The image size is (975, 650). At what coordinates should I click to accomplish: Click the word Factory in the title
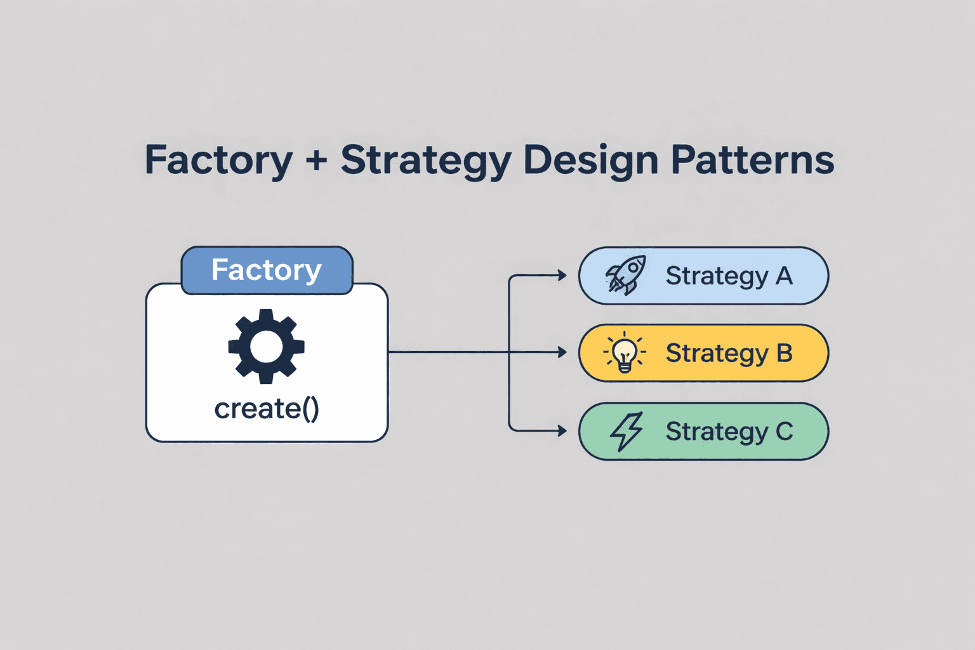pyautogui.click(x=218, y=160)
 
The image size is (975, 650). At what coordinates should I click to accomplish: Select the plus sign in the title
pyautogui.click(x=316, y=161)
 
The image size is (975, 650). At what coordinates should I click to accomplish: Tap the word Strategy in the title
pyautogui.click(x=426, y=160)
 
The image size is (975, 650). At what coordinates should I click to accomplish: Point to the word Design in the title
pyautogui.click(x=590, y=160)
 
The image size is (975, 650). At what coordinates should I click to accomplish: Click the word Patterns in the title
pyautogui.click(x=752, y=160)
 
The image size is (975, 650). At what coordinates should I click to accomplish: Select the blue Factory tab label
pyautogui.click(x=267, y=270)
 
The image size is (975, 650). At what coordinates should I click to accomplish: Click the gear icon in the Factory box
pyautogui.click(x=267, y=347)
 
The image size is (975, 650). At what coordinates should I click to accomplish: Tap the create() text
pyautogui.click(x=267, y=409)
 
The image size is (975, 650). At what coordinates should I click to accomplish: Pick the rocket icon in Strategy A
pyautogui.click(x=626, y=275)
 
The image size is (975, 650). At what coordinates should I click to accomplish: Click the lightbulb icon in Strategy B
pyautogui.click(x=625, y=353)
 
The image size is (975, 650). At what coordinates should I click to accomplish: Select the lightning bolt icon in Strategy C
pyautogui.click(x=627, y=431)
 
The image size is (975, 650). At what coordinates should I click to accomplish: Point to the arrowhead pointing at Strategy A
pyautogui.click(x=562, y=275)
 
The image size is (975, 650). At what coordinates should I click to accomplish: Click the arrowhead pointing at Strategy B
pyautogui.click(x=562, y=352)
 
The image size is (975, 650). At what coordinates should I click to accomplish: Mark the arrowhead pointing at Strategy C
pyautogui.click(x=562, y=431)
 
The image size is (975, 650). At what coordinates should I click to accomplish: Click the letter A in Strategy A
pyautogui.click(x=784, y=276)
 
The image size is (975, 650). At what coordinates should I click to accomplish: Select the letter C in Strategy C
pyautogui.click(x=785, y=432)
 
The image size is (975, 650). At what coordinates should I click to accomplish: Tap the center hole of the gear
pyautogui.click(x=267, y=347)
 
